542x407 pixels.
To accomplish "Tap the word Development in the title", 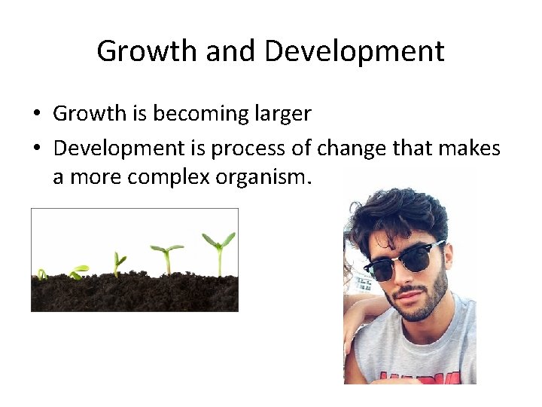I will [354, 51].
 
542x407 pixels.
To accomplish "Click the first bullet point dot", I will [35, 115].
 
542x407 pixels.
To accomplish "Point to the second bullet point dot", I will [35, 149].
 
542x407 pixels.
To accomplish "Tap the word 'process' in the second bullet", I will [242, 149].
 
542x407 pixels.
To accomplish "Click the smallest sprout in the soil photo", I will [42, 274].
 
